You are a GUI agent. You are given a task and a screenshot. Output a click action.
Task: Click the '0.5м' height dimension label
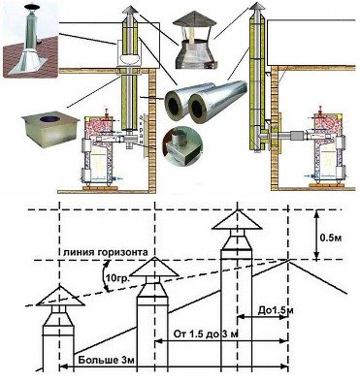(x=330, y=239)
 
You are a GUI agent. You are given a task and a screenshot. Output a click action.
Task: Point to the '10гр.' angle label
(x=115, y=277)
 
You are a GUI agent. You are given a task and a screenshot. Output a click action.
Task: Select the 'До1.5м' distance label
(x=275, y=310)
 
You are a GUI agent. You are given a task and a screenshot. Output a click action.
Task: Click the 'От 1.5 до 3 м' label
(x=206, y=334)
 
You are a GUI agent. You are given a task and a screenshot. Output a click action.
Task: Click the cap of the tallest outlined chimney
(x=237, y=220)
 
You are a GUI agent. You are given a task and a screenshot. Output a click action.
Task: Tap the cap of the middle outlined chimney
(x=154, y=268)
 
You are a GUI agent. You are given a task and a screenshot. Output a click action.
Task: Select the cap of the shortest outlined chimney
(x=60, y=296)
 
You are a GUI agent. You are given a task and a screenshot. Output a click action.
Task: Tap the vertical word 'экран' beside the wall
(x=142, y=131)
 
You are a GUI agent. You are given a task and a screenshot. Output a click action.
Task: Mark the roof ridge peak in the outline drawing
(x=288, y=261)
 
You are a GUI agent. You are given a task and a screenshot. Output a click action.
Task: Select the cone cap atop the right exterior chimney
(x=256, y=6)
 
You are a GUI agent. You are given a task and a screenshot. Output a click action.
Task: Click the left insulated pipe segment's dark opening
(x=173, y=104)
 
